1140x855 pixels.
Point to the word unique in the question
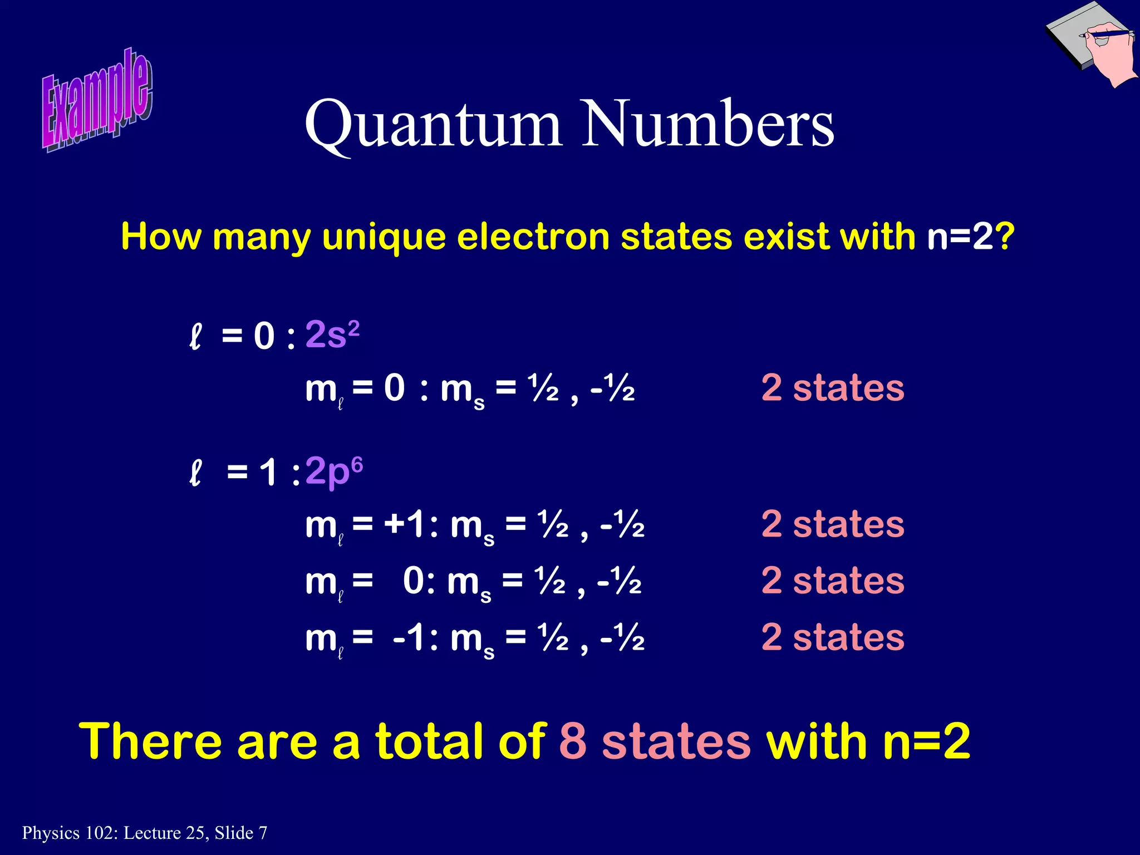tap(384, 237)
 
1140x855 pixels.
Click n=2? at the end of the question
tap(971, 236)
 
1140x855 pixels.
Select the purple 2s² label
tap(332, 335)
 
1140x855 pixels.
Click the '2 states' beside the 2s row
tap(832, 388)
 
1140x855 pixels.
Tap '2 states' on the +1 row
tap(832, 524)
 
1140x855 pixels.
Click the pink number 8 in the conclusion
tap(573, 741)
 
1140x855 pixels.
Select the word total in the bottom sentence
tap(433, 741)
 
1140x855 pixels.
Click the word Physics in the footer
tap(51, 833)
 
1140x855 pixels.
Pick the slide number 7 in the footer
tap(263, 833)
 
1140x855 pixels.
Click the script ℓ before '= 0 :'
tap(195, 337)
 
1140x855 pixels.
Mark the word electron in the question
tap(534, 237)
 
